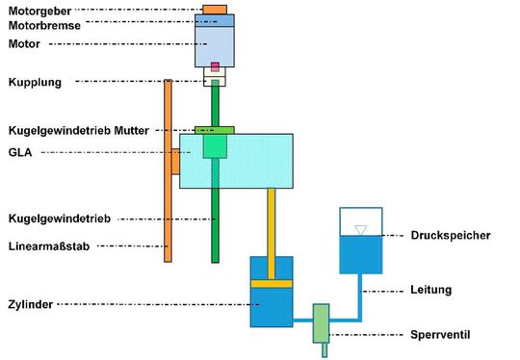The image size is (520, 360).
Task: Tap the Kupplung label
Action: (35, 83)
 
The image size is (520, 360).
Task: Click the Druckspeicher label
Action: (452, 234)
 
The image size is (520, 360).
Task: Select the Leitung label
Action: (430, 290)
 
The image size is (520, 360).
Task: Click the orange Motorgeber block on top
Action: (216, 10)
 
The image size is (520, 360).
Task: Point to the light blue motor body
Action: (216, 44)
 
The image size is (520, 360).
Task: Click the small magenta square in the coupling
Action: (216, 67)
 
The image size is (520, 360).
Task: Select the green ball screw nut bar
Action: (215, 129)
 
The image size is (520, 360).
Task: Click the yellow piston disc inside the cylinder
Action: (271, 283)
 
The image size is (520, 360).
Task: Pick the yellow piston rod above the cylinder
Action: (272, 221)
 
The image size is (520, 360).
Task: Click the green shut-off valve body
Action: (322, 322)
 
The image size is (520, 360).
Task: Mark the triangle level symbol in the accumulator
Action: (360, 229)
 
